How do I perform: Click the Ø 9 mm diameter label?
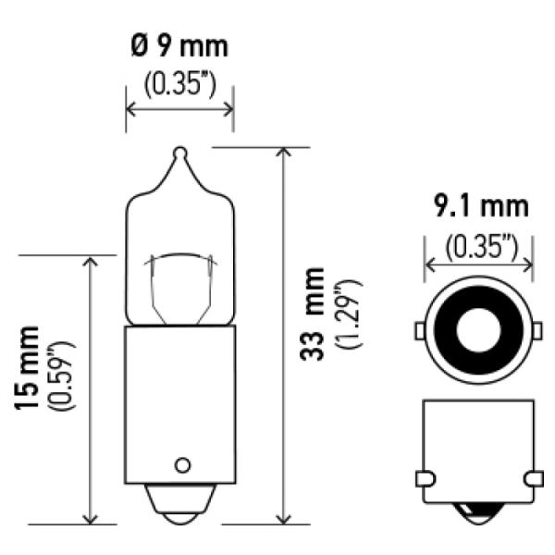[179, 46]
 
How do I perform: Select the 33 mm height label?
[312, 314]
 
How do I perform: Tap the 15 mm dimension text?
[27, 368]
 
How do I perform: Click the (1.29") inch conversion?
[350, 314]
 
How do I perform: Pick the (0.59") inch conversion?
[64, 376]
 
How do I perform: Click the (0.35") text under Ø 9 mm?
[179, 86]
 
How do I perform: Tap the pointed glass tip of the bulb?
[180, 153]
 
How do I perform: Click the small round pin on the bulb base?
[182, 465]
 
